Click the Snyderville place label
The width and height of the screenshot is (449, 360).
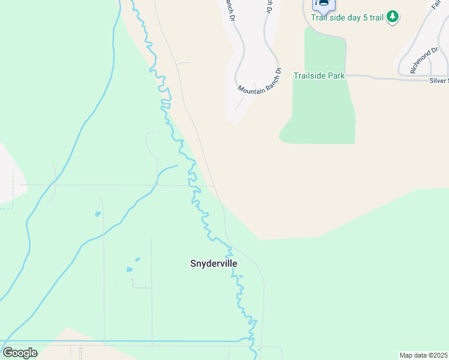point(214,263)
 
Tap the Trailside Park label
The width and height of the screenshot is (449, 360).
point(319,76)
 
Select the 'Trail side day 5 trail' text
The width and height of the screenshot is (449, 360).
point(347,17)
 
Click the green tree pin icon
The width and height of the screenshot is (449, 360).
point(393,16)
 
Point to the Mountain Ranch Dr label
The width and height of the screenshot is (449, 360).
point(259,80)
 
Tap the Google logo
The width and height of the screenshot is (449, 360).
point(20,353)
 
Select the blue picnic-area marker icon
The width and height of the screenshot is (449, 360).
point(323,4)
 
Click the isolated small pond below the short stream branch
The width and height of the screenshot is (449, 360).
point(98,214)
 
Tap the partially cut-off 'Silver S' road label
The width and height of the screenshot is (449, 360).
point(438,80)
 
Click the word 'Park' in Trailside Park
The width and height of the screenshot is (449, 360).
point(336,76)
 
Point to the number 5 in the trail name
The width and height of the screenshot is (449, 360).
point(364,17)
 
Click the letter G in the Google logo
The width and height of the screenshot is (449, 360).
point(8,353)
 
